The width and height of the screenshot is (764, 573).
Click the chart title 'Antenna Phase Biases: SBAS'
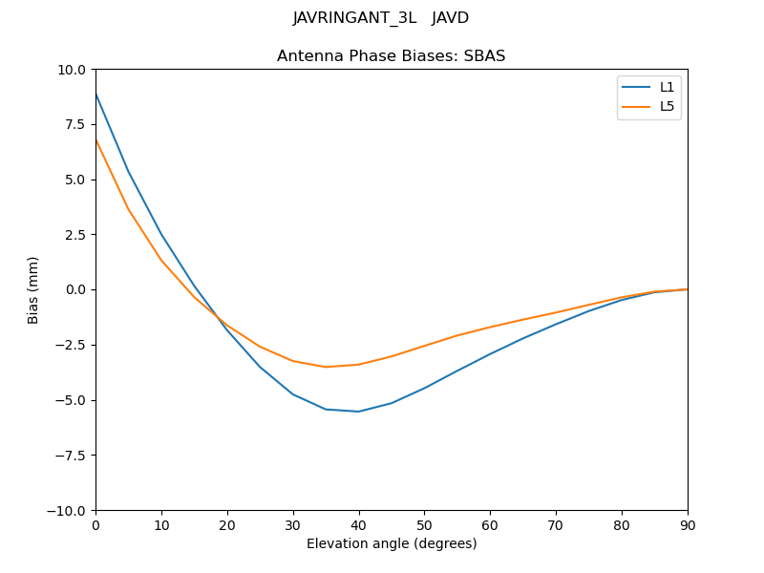pos(391,56)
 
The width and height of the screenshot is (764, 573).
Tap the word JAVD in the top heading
pos(450,18)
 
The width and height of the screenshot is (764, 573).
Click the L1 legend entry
pos(667,87)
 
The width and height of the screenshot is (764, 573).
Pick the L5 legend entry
pos(667,106)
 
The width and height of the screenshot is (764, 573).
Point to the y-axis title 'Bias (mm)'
pos(33,289)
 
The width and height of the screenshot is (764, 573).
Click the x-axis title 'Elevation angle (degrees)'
pos(392,544)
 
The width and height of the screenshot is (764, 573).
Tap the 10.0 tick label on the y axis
pos(72,70)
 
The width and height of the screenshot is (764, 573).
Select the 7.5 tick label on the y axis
pos(75,124)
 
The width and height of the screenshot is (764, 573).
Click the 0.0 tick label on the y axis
pos(75,289)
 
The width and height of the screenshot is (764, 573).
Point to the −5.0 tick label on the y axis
pos(72,400)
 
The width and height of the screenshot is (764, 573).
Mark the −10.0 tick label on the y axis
pos(68,510)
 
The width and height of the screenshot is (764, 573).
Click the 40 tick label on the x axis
pos(358,524)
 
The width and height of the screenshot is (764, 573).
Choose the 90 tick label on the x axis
pos(687,524)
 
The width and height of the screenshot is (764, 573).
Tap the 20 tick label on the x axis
pos(227,524)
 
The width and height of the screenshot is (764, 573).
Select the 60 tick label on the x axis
pos(490,524)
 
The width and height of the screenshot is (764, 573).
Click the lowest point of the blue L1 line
pos(358,412)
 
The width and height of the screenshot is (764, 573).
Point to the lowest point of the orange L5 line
pos(326,367)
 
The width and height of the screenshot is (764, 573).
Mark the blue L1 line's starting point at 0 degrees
pos(96,94)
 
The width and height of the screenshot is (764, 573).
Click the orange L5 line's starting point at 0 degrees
pos(96,140)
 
